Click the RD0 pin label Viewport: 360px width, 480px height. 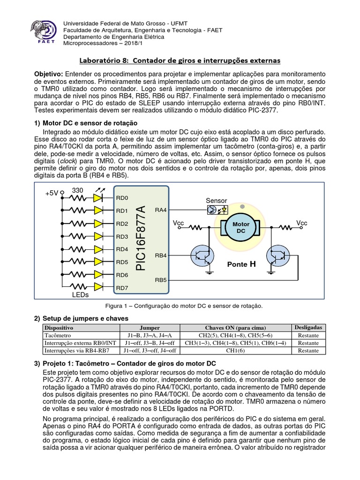(122, 198)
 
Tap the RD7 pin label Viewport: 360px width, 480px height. (122, 288)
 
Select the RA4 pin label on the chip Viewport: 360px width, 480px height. (160, 210)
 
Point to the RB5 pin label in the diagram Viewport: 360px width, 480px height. (161, 280)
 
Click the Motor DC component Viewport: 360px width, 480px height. (241, 228)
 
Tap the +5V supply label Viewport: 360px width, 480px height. (52, 193)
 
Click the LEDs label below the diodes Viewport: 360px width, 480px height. (81, 295)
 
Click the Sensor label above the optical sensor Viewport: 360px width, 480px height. (216, 201)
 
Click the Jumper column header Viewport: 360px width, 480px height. (150, 328)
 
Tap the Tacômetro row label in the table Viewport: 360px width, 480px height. (57, 336)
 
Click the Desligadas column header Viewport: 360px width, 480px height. (307, 327)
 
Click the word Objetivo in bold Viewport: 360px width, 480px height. (49, 75)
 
